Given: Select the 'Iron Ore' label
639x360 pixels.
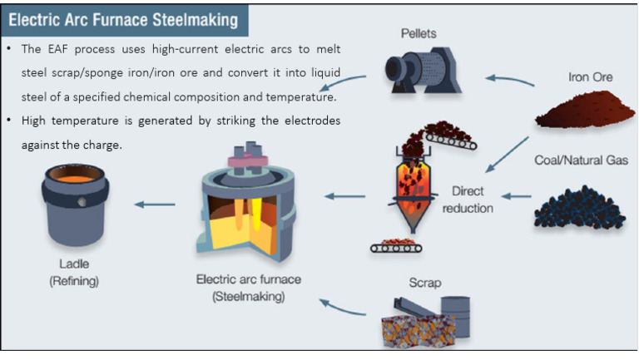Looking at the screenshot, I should pyautogui.click(x=591, y=76).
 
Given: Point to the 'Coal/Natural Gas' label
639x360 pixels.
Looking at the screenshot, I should pyautogui.click(x=582, y=160).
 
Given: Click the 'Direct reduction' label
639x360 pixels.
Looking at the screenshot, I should pyautogui.click(x=467, y=200).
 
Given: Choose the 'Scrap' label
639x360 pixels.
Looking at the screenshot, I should pyautogui.click(x=424, y=283).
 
